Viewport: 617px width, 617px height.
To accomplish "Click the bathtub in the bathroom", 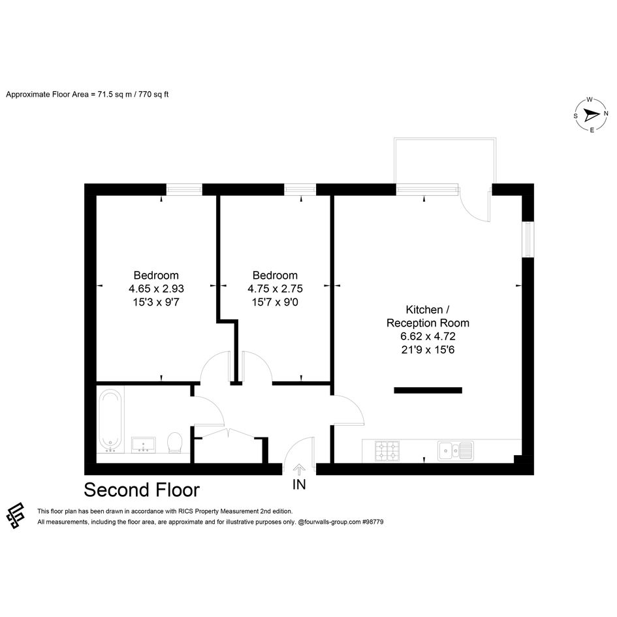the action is pos(110,420).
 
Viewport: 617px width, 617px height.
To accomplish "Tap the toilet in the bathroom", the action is pos(175,443).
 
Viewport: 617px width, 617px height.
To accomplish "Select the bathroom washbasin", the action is pos(143,445).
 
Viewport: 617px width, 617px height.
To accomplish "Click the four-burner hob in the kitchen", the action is pos(387,451).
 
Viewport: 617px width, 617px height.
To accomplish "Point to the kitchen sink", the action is pos(456,451).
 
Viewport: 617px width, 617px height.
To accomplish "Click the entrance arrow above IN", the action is pos(300,470).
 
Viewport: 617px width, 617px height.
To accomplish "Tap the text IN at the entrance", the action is pos(299,484).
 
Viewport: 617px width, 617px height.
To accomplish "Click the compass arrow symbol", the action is pos(591,115).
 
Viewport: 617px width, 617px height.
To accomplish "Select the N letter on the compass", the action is pos(606,114).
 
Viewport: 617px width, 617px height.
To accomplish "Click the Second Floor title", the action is pos(142,490).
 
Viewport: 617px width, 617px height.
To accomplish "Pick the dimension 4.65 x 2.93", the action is pos(156,289).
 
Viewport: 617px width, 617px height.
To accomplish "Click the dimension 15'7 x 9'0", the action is pos(275,302).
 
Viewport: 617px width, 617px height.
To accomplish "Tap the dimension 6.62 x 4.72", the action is pos(428,336).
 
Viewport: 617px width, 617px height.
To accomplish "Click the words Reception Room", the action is pos(428,323).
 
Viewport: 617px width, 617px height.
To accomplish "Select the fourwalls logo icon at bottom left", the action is pos(16,516).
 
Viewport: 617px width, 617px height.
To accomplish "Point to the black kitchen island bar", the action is pos(428,390).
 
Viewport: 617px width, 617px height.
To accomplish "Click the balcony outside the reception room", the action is pos(445,161).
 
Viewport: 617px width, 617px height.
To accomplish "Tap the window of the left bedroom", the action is pos(184,189).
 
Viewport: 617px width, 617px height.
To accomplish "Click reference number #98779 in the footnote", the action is pos(373,522).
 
